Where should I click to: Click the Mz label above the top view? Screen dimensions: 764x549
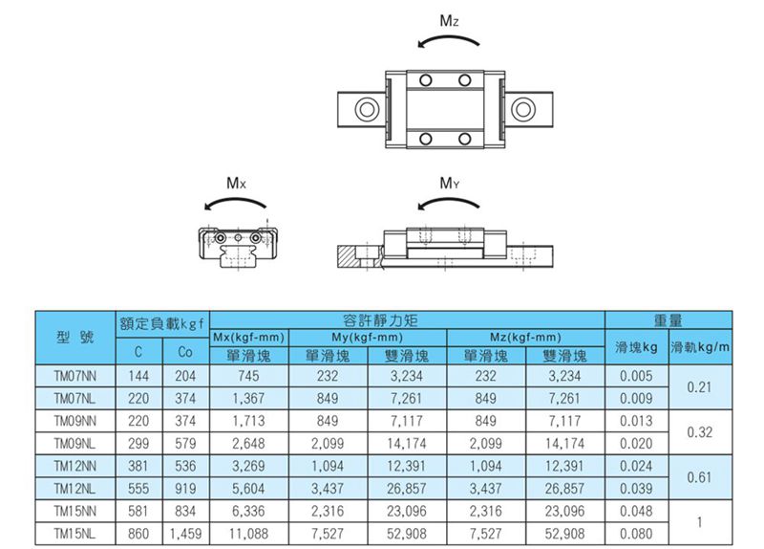point(449,20)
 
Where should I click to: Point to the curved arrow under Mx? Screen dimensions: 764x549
point(235,200)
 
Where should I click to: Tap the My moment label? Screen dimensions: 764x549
point(449,183)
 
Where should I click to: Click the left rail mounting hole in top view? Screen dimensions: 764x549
point(368,108)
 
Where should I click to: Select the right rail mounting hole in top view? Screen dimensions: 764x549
point(522,108)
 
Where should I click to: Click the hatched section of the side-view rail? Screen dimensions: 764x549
point(347,255)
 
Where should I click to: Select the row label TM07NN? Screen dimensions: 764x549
point(75,376)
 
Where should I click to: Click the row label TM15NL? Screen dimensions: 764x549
point(75,534)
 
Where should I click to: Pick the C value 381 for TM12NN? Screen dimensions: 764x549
point(138,466)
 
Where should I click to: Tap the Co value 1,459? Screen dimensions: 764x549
point(185,534)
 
